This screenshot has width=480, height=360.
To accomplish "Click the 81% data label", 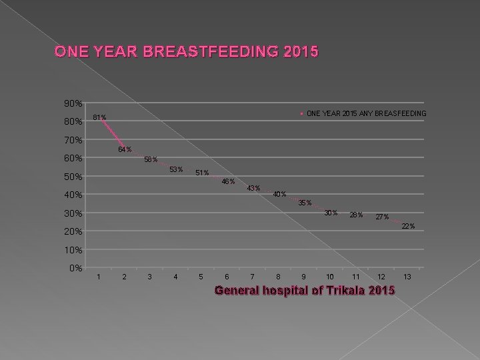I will click(99, 118).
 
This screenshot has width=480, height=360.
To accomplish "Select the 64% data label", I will click(125, 149).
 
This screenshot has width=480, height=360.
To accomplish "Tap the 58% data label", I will click(151, 159).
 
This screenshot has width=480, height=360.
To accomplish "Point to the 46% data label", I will click(228, 181).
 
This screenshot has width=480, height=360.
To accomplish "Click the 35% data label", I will click(305, 203).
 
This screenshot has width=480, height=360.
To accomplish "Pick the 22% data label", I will click(407, 227).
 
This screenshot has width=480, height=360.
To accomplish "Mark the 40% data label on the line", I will click(279, 195).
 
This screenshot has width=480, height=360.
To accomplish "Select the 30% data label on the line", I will click(331, 213).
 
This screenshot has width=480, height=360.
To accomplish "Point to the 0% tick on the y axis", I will click(75, 268).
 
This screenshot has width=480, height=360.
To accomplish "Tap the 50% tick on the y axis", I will click(73, 177).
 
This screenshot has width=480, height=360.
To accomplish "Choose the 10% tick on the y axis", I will click(73, 250).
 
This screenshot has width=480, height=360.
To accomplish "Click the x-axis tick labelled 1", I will click(99, 277).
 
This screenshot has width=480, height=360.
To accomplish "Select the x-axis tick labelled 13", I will click(408, 277).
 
